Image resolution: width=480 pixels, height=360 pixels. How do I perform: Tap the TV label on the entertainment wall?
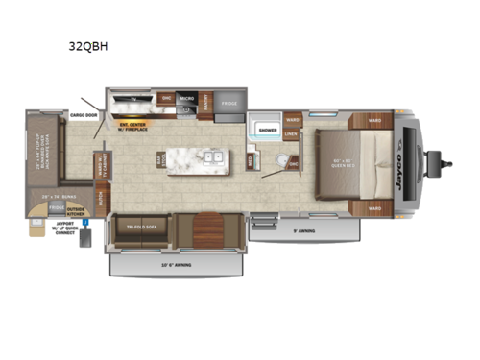(133, 98)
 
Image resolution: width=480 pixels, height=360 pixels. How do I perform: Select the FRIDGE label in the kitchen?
(228, 103)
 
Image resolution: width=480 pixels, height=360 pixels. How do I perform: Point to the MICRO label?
(186, 99)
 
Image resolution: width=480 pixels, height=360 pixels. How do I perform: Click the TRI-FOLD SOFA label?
(144, 228)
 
